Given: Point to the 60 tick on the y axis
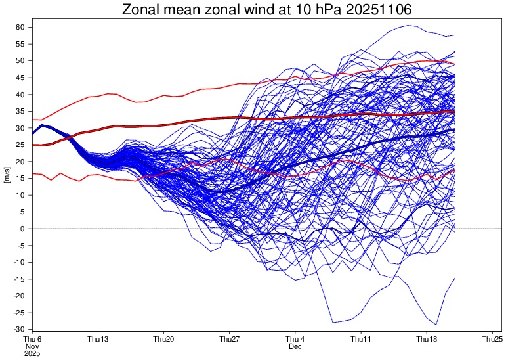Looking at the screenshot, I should (x=20, y=27).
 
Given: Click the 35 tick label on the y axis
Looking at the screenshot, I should (x=20, y=111).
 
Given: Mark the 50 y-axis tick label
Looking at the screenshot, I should (x=20, y=60).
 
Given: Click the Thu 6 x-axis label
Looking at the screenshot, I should (x=32, y=339).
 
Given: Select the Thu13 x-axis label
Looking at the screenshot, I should (x=98, y=339).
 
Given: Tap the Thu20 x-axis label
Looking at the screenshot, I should (x=163, y=339).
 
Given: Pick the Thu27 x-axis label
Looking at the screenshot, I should (x=229, y=339).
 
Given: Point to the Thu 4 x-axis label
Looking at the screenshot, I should (x=295, y=339).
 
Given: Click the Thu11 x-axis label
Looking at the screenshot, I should (x=361, y=339).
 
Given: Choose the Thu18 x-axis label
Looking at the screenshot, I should (x=427, y=339).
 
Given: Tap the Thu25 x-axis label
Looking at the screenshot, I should (x=492, y=339).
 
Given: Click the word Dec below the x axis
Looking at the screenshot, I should (x=295, y=346).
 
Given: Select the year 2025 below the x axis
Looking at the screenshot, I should (x=32, y=353).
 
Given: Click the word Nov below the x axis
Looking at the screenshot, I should (x=32, y=346).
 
